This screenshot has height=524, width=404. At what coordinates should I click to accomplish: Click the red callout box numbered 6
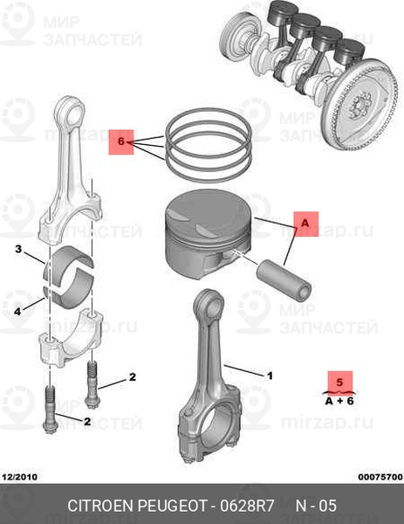pyautogui.click(x=121, y=142)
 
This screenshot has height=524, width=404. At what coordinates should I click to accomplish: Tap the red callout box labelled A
pyautogui.click(x=306, y=224)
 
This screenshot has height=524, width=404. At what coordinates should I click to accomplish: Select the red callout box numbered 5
pyautogui.click(x=340, y=382)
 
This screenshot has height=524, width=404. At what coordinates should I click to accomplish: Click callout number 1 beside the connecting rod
pyautogui.click(x=270, y=376)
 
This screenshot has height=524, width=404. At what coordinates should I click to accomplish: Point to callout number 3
pyautogui.click(x=18, y=249)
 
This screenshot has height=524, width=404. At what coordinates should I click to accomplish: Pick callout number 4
pyautogui.click(x=17, y=312)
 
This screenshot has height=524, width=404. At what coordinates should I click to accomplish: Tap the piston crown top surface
pyautogui.click(x=208, y=210)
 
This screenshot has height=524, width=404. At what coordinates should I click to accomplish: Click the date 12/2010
pyautogui.click(x=19, y=477)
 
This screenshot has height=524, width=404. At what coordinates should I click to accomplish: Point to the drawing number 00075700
pyautogui.click(x=380, y=477)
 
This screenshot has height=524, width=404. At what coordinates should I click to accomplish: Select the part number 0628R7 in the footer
pyautogui.click(x=247, y=506)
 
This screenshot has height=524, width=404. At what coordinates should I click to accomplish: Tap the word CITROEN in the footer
pyautogui.click(x=100, y=506)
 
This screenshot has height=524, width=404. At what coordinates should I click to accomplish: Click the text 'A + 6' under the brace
pyautogui.click(x=339, y=400)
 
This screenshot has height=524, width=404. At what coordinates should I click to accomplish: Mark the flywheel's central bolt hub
pyautogui.click(x=359, y=107)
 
